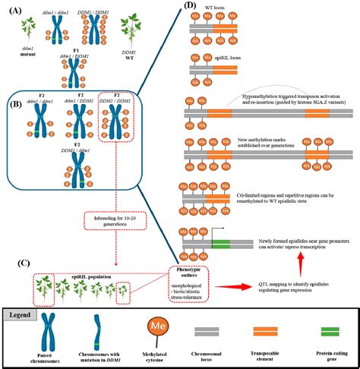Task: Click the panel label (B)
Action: pyautogui.click(x=13, y=99)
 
